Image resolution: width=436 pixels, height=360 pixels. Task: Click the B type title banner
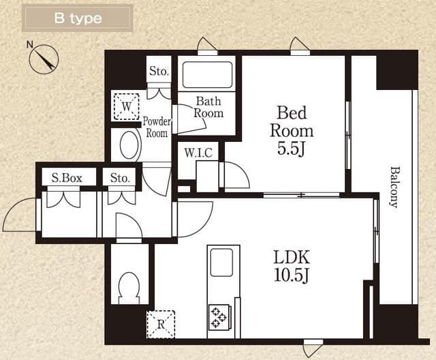[77, 18]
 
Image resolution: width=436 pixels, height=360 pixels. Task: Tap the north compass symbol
[44, 59]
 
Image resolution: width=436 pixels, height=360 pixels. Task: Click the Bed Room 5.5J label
[292, 130]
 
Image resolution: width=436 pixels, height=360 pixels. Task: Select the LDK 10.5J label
[292, 266]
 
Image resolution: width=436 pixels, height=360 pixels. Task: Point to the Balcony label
[394, 187]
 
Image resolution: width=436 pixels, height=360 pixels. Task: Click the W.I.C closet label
[198, 153]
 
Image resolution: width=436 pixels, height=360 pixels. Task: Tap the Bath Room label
[208, 107]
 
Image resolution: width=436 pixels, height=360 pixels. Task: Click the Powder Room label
[157, 127]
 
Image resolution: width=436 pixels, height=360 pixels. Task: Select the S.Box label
[67, 178]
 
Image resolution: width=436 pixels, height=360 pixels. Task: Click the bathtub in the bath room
[207, 74]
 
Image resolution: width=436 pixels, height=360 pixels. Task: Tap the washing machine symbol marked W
[127, 107]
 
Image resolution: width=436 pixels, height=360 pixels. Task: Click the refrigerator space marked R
[161, 325]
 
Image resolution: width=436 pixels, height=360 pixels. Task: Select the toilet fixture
[129, 288]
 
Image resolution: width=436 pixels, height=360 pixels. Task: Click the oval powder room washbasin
[129, 145]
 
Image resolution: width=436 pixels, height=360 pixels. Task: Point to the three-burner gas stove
[219, 317]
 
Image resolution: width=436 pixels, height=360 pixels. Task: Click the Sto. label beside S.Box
[120, 178]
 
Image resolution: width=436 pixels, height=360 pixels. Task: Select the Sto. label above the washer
[159, 71]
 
